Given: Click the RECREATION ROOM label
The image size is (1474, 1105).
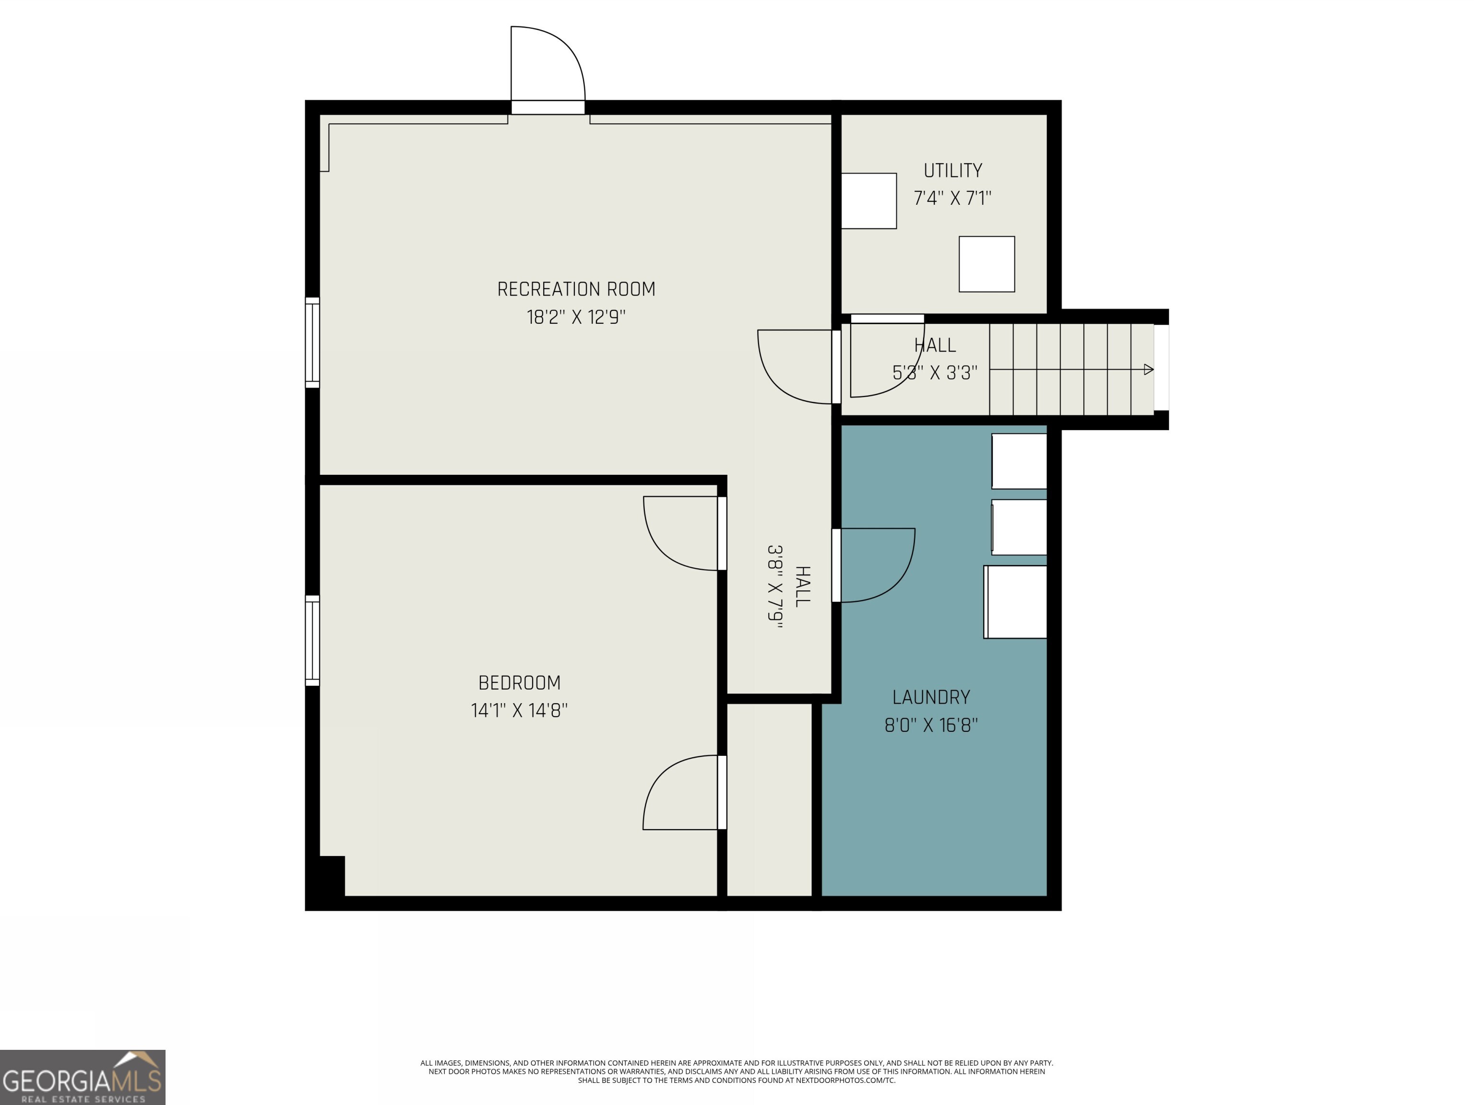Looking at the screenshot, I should click(576, 289).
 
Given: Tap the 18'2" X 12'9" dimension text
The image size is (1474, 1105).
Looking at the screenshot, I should click(576, 317).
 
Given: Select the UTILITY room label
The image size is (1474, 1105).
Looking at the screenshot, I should click(952, 171).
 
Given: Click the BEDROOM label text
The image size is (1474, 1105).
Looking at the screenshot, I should click(519, 683).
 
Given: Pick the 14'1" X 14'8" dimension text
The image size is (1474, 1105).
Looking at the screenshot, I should click(519, 711).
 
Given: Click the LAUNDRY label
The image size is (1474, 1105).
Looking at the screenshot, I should click(930, 697).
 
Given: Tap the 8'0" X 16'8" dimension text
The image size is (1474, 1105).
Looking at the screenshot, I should click(930, 725).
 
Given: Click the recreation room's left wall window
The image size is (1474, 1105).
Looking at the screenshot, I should click(312, 342).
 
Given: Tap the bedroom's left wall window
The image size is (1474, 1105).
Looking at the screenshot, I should click(312, 640).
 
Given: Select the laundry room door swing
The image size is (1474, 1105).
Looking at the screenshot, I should click(874, 565).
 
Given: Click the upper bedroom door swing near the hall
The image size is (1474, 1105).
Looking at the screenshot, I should click(681, 533).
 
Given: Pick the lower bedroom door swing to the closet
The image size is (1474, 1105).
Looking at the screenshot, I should click(681, 793).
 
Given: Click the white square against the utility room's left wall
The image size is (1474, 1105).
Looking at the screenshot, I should click(868, 200).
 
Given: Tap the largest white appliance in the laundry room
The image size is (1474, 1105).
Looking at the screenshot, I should click(1015, 602).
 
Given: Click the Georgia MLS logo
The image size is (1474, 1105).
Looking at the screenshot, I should click(83, 1077).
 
